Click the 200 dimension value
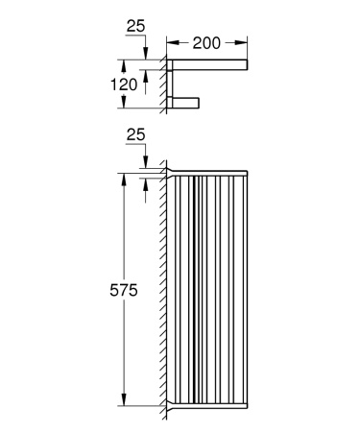point(208,43)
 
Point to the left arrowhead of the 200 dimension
point(171,43)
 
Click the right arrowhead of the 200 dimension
point(245,43)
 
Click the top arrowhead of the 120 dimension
point(144,63)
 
